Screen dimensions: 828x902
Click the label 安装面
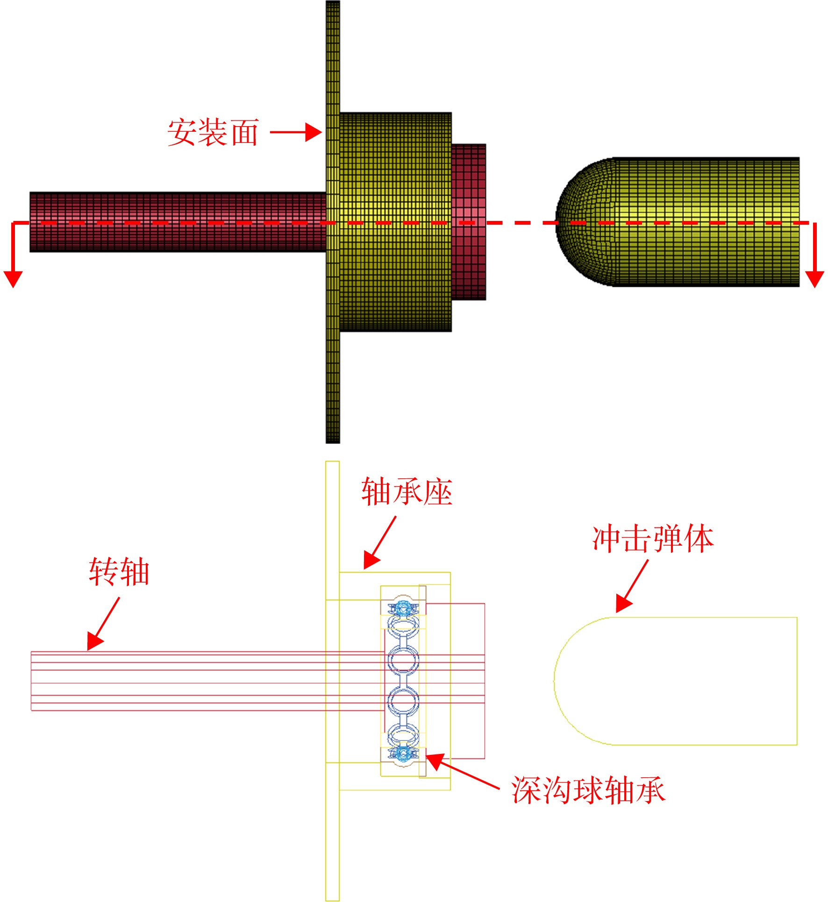(213, 132)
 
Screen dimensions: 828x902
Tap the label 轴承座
(407, 492)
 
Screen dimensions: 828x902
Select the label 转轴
(119, 572)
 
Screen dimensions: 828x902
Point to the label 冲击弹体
(653, 539)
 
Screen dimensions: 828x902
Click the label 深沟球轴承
(588, 790)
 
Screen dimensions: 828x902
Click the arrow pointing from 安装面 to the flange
(296, 132)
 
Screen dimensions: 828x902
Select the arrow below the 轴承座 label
(380, 542)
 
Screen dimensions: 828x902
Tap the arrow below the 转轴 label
(103, 624)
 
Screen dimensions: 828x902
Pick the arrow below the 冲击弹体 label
(632, 586)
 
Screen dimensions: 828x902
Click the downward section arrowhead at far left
(13, 279)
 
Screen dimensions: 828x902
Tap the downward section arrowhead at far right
(814, 279)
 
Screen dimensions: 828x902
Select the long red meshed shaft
(178, 222)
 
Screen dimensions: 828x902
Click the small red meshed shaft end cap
(469, 222)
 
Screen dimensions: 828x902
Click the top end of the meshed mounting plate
(333, 2)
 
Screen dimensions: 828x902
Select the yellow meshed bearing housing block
(395, 222)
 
